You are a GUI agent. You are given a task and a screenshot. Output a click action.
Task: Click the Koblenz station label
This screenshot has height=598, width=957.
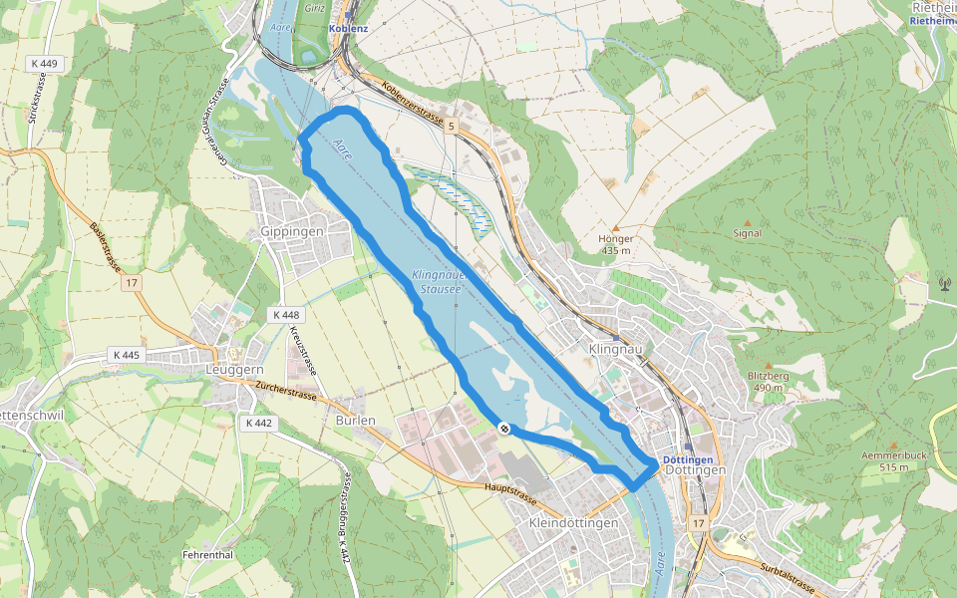(x=350, y=29)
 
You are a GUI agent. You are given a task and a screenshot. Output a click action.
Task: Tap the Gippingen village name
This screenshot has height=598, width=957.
(x=291, y=231)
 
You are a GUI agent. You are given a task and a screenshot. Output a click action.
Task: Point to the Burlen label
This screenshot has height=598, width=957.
(x=355, y=420)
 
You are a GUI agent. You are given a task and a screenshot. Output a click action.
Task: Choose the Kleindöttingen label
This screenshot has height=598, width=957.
(x=575, y=522)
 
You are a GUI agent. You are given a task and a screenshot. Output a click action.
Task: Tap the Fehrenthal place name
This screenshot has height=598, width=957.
(x=207, y=554)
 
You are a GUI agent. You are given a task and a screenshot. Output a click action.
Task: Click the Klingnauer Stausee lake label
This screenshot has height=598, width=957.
(x=437, y=280)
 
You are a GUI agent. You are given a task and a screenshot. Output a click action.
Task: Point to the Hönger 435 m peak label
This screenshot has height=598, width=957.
(x=616, y=244)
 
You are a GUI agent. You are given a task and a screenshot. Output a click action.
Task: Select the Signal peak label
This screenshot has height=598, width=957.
(x=747, y=233)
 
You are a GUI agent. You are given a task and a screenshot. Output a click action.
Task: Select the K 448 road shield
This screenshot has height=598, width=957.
(x=285, y=314)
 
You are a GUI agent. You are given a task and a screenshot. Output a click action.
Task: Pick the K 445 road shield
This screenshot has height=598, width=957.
(x=127, y=355)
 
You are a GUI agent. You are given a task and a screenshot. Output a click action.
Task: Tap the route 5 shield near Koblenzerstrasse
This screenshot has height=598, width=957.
(x=451, y=127)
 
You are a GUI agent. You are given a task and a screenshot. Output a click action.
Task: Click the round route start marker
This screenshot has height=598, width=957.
(x=505, y=428)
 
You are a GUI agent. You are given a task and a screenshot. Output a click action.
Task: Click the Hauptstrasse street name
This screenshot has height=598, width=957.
(x=509, y=494)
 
